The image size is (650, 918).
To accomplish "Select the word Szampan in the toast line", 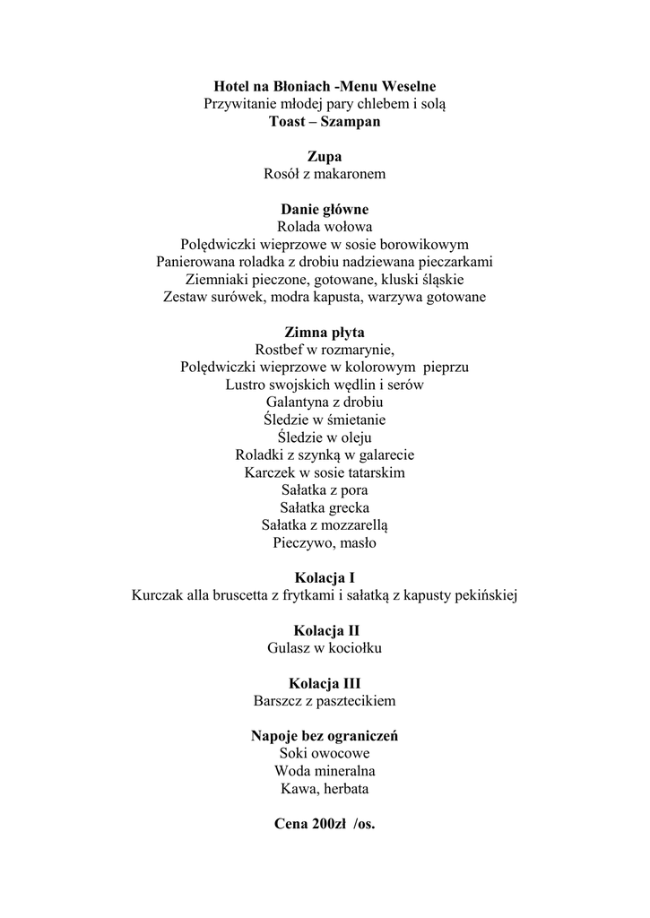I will pyautogui.click(x=350, y=121).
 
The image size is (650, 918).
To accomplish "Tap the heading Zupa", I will pyautogui.click(x=325, y=156).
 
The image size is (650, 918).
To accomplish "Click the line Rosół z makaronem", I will pyautogui.click(x=325, y=174).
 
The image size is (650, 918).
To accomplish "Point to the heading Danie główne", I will pyautogui.click(x=325, y=209).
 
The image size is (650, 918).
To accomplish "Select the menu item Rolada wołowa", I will pyautogui.click(x=325, y=227).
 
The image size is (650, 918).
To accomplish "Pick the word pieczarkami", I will pyautogui.click(x=451, y=262).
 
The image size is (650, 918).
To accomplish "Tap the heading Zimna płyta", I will pyautogui.click(x=325, y=332).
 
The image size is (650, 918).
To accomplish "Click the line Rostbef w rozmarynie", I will pyautogui.click(x=325, y=350).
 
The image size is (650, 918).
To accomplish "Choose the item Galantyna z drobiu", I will pyautogui.click(x=325, y=402).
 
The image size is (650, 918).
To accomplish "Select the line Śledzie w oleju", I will pyautogui.click(x=325, y=437).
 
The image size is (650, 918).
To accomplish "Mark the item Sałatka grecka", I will pyautogui.click(x=325, y=507).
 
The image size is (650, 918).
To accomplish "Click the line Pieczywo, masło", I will pyautogui.click(x=325, y=542).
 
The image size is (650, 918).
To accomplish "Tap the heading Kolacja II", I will pyautogui.click(x=325, y=630).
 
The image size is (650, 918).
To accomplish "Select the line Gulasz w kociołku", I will pyautogui.click(x=325, y=648).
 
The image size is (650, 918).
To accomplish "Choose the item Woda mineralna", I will pyautogui.click(x=325, y=771).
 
